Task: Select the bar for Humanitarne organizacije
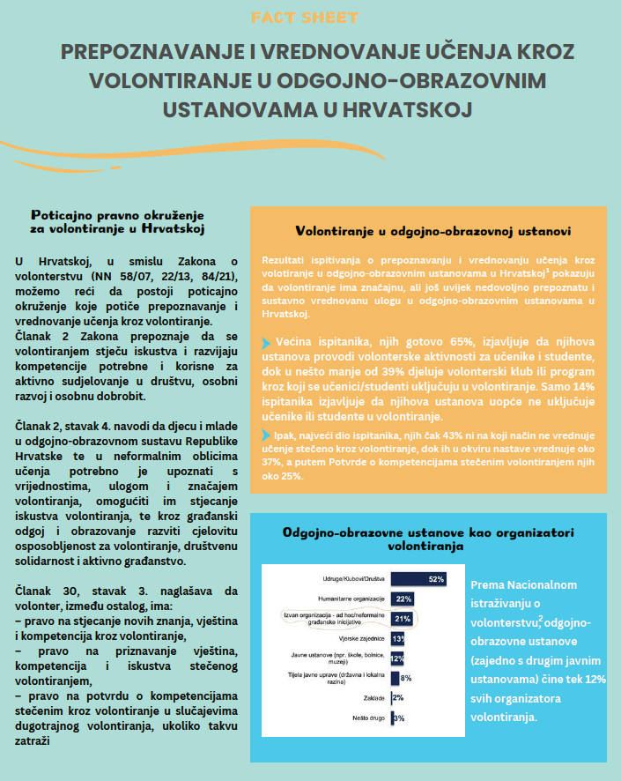click(x=402, y=599)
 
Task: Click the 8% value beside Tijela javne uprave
click(x=406, y=678)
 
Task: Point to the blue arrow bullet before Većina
click(x=267, y=340)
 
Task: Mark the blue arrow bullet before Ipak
click(x=267, y=435)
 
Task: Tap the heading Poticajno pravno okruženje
click(x=117, y=214)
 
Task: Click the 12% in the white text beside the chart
click(x=595, y=679)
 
